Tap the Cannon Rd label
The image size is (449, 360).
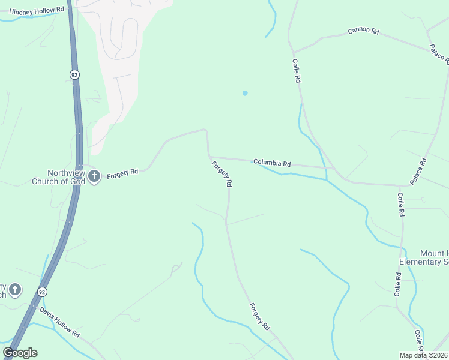(x=363, y=31)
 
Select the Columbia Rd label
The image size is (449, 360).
(x=271, y=163)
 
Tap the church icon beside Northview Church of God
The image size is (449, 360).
(x=94, y=176)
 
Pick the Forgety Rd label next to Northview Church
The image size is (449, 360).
(x=122, y=173)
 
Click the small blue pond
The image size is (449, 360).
(x=244, y=93)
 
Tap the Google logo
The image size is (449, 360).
(x=20, y=353)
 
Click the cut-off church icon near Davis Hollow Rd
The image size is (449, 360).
(x=14, y=290)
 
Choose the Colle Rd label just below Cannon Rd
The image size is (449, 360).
(x=296, y=71)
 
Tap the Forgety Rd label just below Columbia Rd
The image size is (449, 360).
(x=221, y=174)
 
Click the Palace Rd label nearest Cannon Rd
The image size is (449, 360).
(x=439, y=53)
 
